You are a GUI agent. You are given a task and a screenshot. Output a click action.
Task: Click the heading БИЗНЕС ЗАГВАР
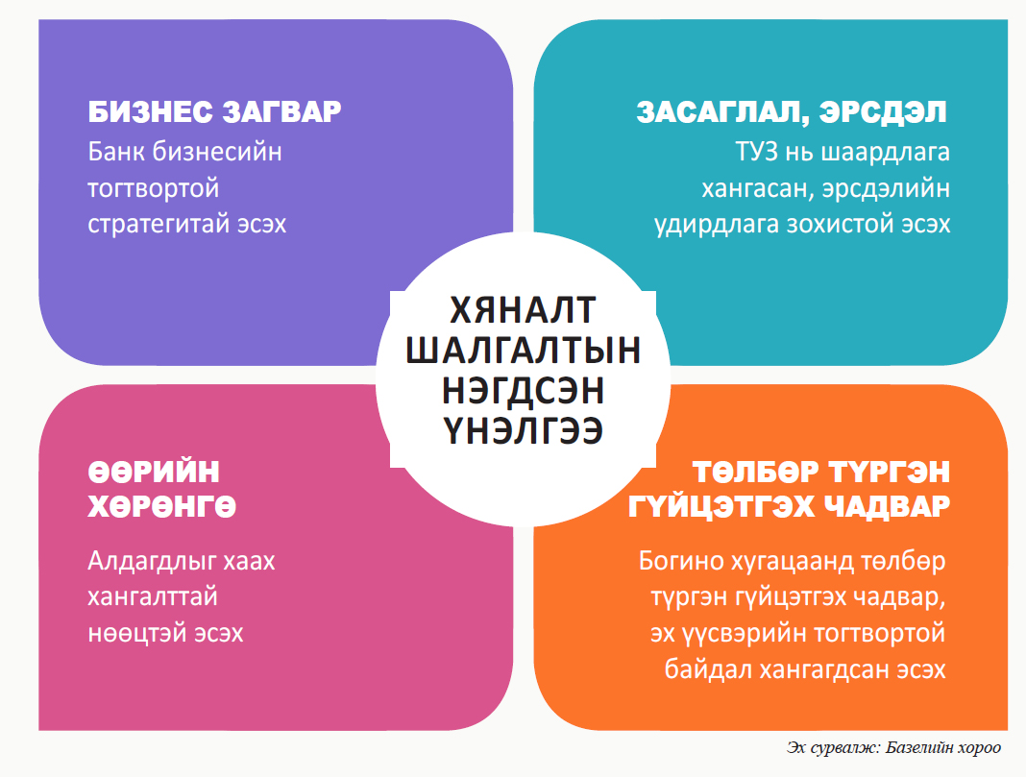click(x=214, y=111)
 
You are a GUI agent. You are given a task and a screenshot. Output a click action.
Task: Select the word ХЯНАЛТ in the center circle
click(x=523, y=310)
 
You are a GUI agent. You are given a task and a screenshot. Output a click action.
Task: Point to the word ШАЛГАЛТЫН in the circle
click(x=523, y=350)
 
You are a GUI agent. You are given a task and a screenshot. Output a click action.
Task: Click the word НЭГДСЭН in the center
click(x=523, y=391)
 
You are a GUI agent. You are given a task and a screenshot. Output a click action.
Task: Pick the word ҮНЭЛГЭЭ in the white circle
click(x=523, y=431)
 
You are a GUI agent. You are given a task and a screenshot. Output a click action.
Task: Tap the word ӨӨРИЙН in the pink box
click(x=154, y=472)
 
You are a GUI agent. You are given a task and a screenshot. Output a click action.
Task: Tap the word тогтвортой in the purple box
click(x=153, y=188)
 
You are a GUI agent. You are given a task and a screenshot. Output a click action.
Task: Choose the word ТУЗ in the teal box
click(x=757, y=152)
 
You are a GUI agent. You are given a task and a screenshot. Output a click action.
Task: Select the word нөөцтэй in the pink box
click(x=130, y=633)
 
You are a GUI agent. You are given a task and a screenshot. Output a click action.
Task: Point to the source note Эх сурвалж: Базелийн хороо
click(x=893, y=747)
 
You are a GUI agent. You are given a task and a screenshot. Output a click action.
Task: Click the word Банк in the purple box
click(x=116, y=152)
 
